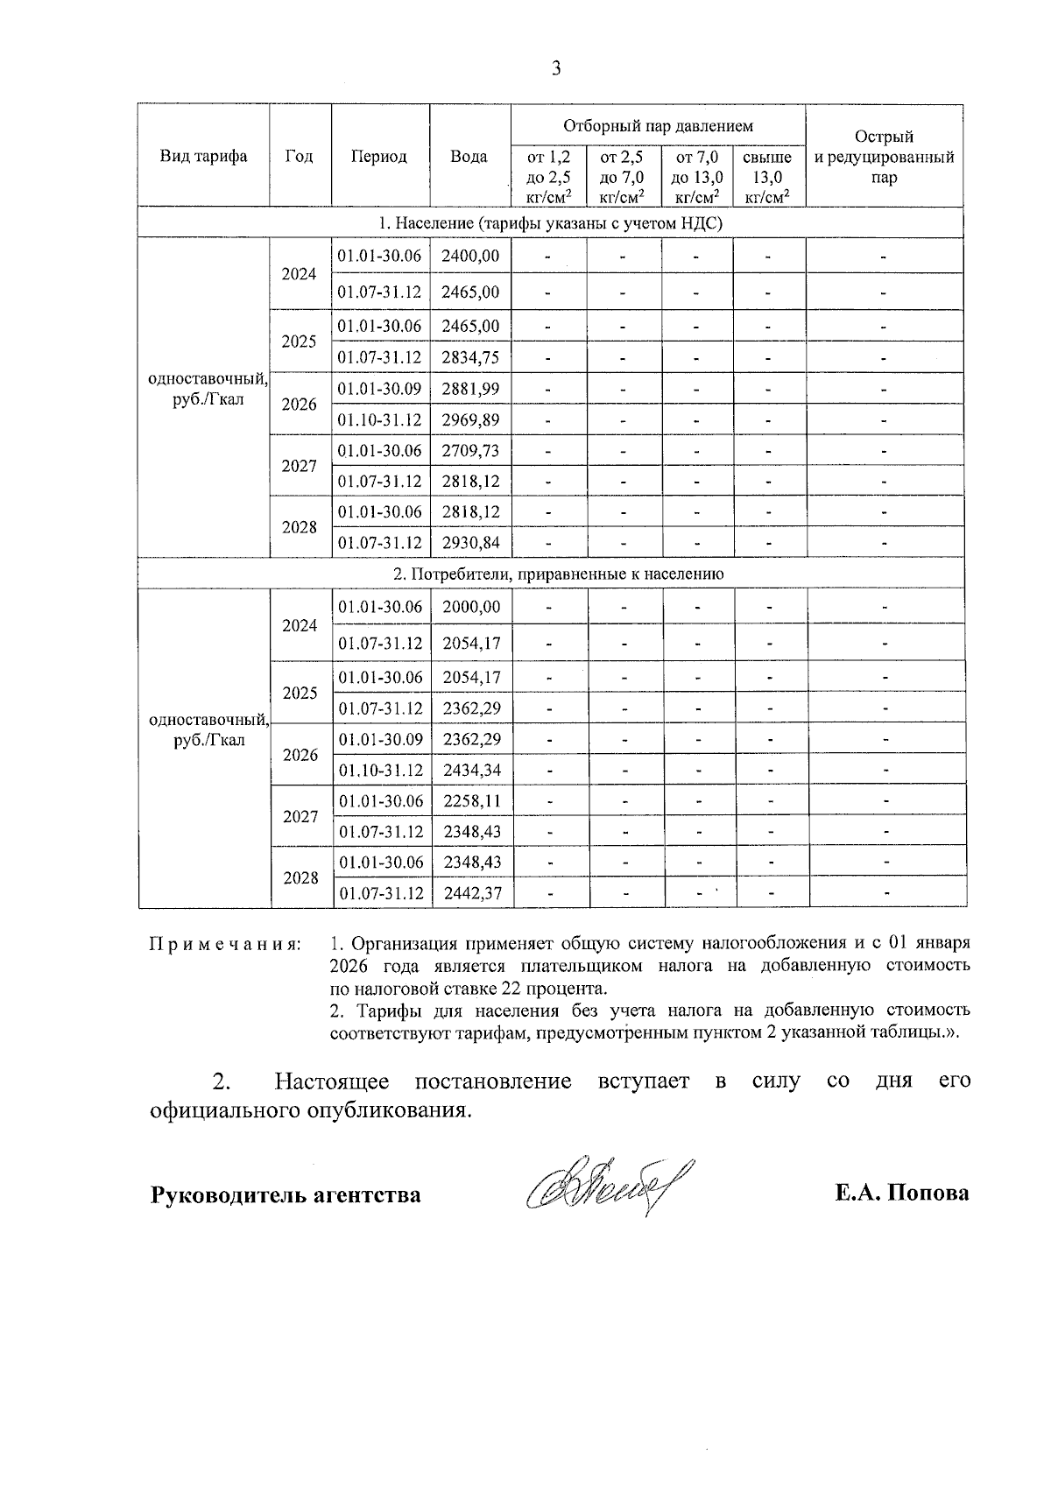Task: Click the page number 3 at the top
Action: (x=556, y=68)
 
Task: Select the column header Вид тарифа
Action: (x=203, y=157)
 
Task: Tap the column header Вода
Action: (x=469, y=157)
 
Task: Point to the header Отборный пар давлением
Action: (x=658, y=126)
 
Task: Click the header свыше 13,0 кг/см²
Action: (x=767, y=177)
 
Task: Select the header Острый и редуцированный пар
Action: (x=884, y=157)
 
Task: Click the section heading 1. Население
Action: (x=551, y=223)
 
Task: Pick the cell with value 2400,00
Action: (x=471, y=256)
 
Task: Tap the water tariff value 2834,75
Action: (x=471, y=357)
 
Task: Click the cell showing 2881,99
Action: (x=471, y=388)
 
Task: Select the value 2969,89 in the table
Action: (x=471, y=419)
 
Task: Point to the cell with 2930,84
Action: (x=471, y=543)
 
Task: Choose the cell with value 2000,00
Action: (x=472, y=607)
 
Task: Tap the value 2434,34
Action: (x=472, y=771)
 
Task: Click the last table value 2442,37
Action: (x=472, y=893)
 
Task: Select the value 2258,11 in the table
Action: (x=472, y=800)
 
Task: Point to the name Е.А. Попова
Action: (x=902, y=1194)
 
